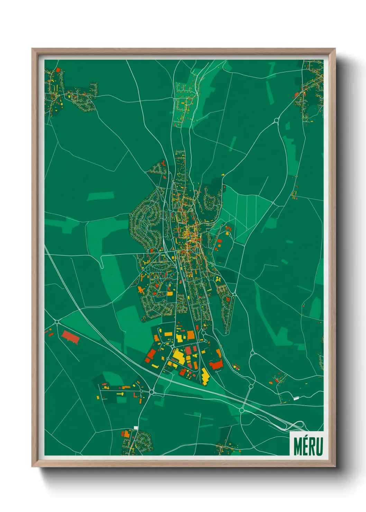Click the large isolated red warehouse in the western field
70,337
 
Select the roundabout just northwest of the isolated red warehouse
57,322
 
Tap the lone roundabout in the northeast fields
276,120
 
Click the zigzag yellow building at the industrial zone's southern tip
205,376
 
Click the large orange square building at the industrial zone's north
190,335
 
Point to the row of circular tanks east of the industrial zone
236,366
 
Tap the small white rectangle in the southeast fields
296,399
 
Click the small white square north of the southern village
136,428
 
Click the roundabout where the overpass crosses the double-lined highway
242,410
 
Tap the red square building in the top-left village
58,70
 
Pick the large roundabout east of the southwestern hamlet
152,392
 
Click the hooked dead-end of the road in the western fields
102,266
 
